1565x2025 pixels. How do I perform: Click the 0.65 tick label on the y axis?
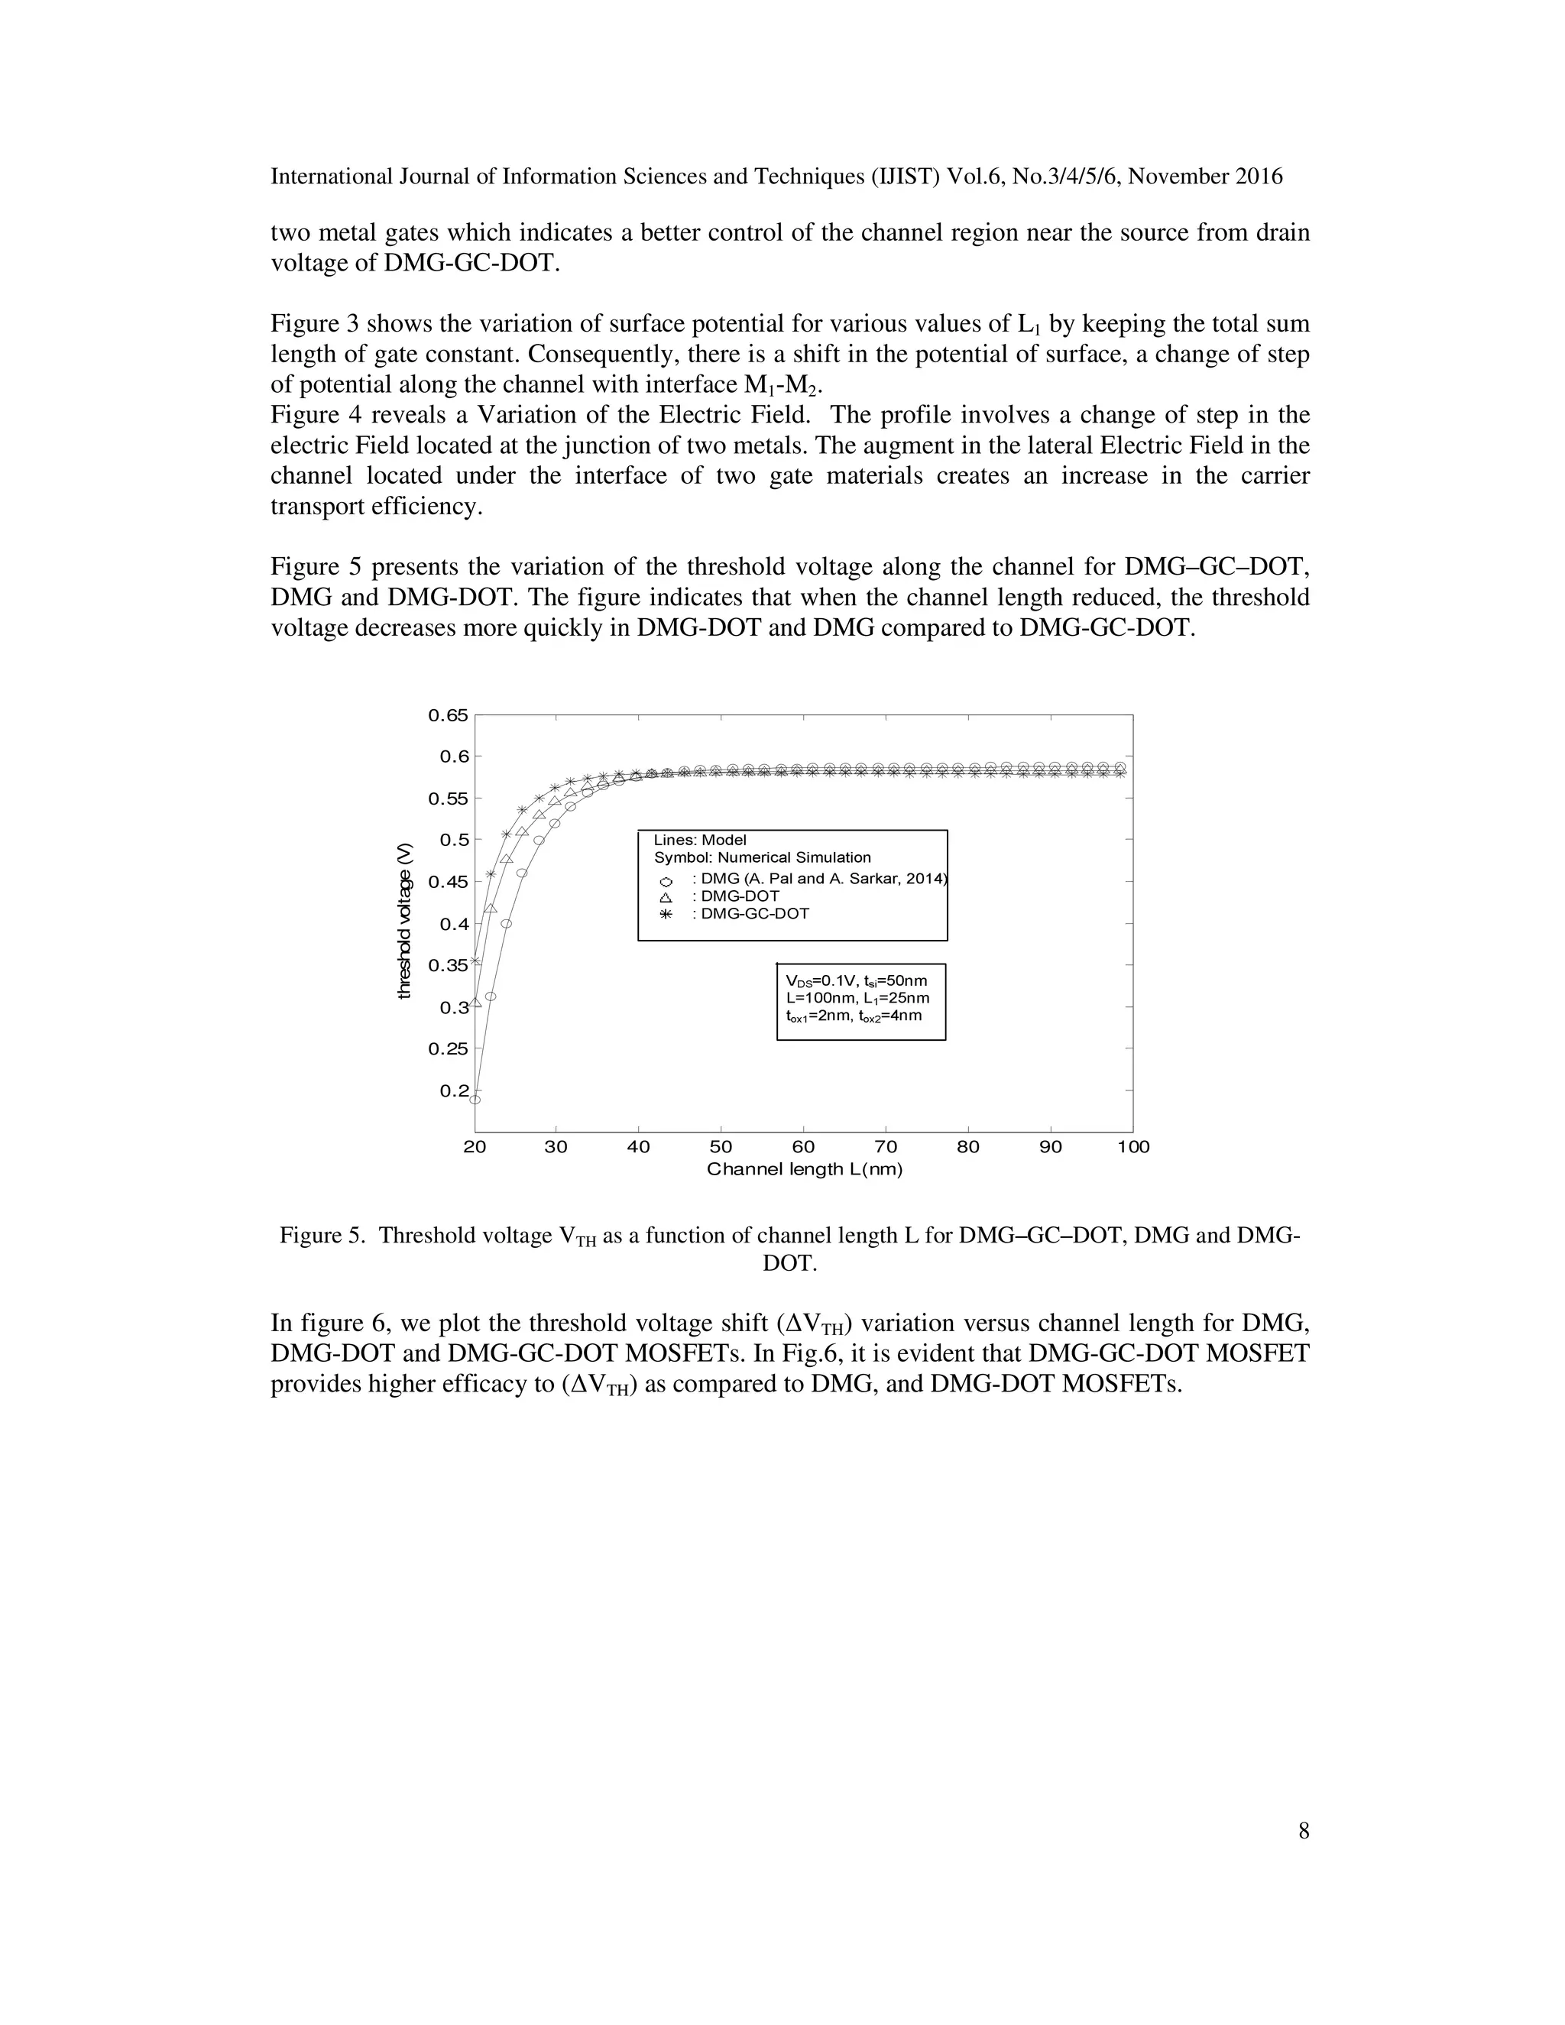click(x=448, y=715)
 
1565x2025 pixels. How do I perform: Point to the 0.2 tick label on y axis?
click(x=455, y=1090)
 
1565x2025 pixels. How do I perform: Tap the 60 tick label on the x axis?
click(x=803, y=1147)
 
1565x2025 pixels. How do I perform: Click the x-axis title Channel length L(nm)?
click(x=804, y=1169)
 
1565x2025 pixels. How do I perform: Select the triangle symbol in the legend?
click(x=665, y=898)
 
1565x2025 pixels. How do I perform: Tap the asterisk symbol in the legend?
click(x=665, y=914)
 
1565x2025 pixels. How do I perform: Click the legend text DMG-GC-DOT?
click(x=755, y=914)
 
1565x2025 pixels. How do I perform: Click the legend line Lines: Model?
click(x=700, y=840)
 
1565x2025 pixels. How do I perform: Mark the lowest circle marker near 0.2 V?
click(x=475, y=1100)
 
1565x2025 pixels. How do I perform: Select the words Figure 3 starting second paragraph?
click(x=316, y=323)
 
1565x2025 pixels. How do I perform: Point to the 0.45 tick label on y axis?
click(x=448, y=882)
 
